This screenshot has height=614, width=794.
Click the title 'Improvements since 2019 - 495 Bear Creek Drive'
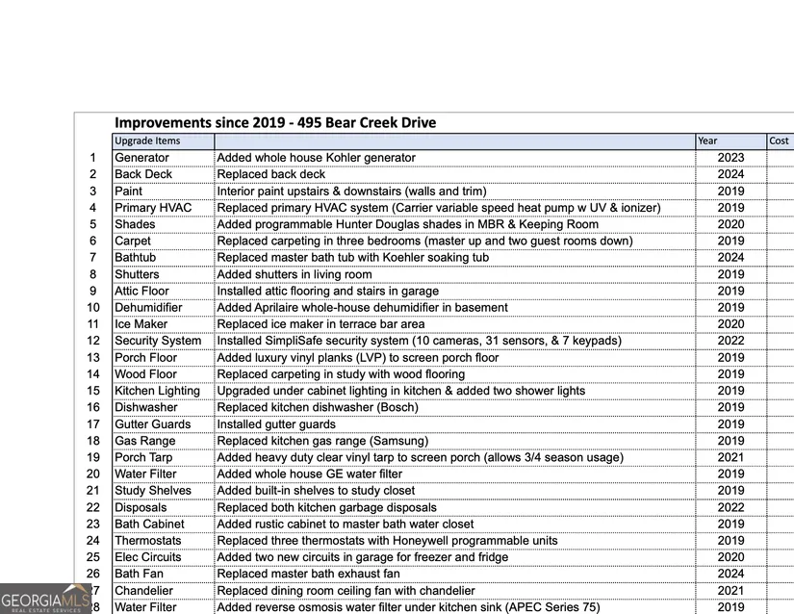pyautogui.click(x=275, y=123)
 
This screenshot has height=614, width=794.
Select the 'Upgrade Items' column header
pyautogui.click(x=147, y=141)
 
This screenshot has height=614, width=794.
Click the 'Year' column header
pyautogui.click(x=707, y=141)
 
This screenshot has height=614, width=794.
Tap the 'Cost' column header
pyautogui.click(x=779, y=141)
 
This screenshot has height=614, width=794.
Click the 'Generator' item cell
pyautogui.click(x=141, y=158)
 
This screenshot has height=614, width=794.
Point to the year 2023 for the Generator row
pyautogui.click(x=730, y=158)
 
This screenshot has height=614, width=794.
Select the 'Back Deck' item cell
pyautogui.click(x=143, y=174)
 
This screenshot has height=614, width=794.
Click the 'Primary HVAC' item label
pyautogui.click(x=153, y=208)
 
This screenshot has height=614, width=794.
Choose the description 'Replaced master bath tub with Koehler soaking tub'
pyautogui.click(x=352, y=258)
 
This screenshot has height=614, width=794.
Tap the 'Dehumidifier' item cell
pyautogui.click(x=149, y=308)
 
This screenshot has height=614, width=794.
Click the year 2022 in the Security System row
pyautogui.click(x=730, y=341)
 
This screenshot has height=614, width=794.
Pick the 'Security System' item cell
pyautogui.click(x=158, y=341)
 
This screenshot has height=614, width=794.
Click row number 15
pyautogui.click(x=93, y=391)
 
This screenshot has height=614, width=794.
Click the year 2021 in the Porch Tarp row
pyautogui.click(x=730, y=457)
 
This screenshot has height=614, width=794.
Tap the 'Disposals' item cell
pyautogui.click(x=141, y=507)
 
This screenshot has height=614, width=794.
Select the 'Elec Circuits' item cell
pyautogui.click(x=147, y=557)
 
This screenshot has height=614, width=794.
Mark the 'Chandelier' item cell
pyautogui.click(x=144, y=591)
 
